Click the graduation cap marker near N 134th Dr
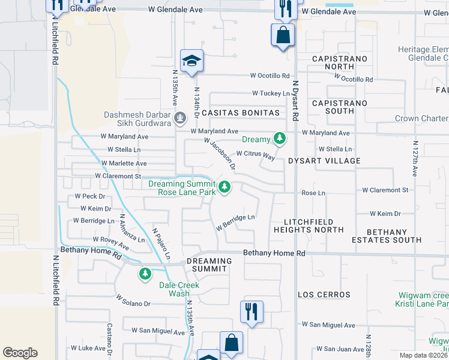click(191, 61)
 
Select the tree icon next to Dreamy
click(279, 139)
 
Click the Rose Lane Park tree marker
click(224, 188)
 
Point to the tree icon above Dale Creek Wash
click(145, 274)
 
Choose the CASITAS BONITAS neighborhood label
click(241, 113)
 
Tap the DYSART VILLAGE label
click(324, 161)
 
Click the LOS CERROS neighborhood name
click(324, 295)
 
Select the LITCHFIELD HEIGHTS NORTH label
click(309, 226)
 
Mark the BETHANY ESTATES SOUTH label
click(386, 236)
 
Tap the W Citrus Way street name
click(255, 155)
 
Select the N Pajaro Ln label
click(161, 244)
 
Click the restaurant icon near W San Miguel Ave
click(251, 312)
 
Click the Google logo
click(20, 353)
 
